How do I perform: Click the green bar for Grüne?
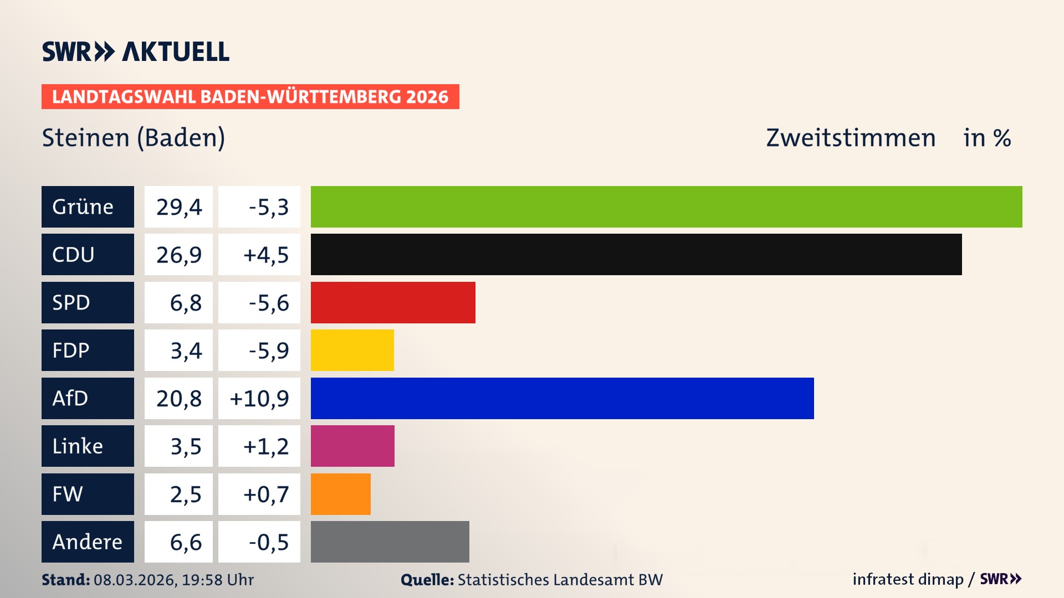point(666,207)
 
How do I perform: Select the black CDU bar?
point(636,254)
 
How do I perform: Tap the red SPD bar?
point(393,302)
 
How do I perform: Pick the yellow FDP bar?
point(352,350)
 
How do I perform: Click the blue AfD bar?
point(562,398)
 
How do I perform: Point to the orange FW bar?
point(340,494)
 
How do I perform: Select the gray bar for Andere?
point(390,542)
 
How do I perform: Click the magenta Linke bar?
point(352,446)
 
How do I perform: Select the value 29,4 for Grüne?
point(178,207)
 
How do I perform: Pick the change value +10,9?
point(259,398)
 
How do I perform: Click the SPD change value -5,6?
point(268,302)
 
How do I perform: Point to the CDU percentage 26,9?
point(178,254)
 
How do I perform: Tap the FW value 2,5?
point(185,494)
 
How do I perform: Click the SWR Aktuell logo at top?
point(135,51)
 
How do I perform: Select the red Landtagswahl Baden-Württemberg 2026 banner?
point(250,96)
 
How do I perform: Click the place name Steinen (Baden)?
point(134,137)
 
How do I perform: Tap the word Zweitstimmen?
point(851,137)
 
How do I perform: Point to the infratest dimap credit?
point(908,579)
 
